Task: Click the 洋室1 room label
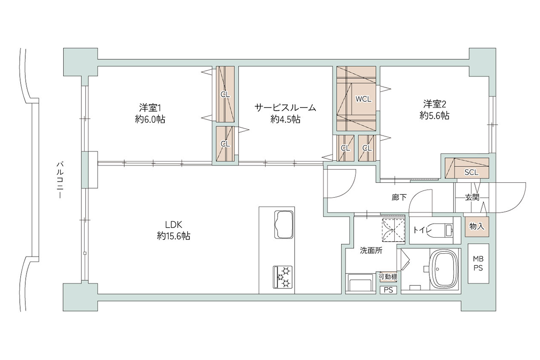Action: click(x=150, y=108)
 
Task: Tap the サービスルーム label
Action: click(x=285, y=108)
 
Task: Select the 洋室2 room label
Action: click(x=434, y=104)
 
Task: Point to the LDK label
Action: click(x=174, y=225)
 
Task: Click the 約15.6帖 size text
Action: click(x=174, y=236)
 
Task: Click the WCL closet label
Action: click(x=363, y=99)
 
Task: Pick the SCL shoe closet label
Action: click(x=471, y=172)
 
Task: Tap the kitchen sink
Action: click(x=284, y=225)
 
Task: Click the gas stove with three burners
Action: click(x=283, y=277)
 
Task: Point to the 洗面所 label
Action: click(x=371, y=251)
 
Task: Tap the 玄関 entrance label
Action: click(x=472, y=198)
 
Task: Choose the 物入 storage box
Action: click(x=477, y=226)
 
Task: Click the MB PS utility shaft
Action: click(x=478, y=264)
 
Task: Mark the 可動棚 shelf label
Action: click(x=388, y=277)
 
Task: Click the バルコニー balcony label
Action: click(x=60, y=180)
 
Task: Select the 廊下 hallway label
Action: click(x=399, y=198)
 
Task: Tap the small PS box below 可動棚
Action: click(x=388, y=290)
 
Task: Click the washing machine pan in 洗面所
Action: click(x=360, y=283)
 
